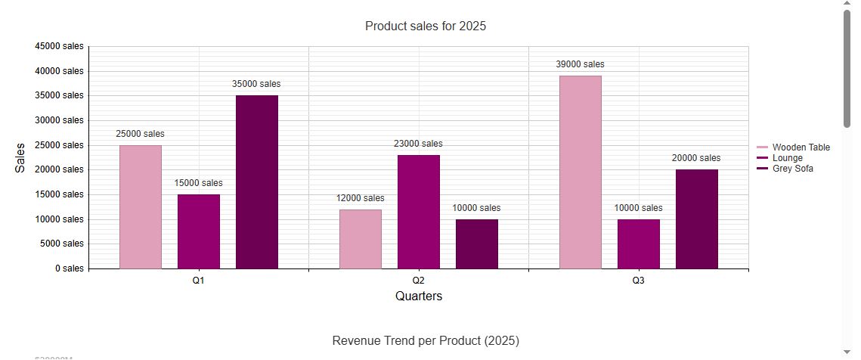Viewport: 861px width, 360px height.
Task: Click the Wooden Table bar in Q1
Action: [140, 206]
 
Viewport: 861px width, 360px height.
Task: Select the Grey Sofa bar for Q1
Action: [256, 182]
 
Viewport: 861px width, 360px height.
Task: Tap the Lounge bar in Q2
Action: [418, 212]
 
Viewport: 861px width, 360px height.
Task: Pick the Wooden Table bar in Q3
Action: [580, 172]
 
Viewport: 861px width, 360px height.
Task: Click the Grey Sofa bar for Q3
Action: [696, 219]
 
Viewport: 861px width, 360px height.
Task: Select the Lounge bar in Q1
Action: [198, 231]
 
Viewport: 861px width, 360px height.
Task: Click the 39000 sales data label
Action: [580, 64]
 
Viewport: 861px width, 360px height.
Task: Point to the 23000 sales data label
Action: [418, 144]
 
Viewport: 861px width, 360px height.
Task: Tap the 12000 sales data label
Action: [360, 198]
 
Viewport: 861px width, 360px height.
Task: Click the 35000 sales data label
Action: [256, 84]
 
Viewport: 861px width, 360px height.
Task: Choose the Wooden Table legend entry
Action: [801, 147]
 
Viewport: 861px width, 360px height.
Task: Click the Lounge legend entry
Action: [787, 158]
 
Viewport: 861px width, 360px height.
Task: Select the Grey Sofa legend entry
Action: [792, 169]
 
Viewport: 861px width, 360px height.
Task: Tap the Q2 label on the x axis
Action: [418, 281]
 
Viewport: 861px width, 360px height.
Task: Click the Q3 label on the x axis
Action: [638, 281]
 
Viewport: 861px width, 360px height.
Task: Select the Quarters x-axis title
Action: [418, 296]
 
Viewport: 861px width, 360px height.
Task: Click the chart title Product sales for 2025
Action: [425, 26]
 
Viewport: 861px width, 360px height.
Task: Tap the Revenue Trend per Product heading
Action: [425, 341]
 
